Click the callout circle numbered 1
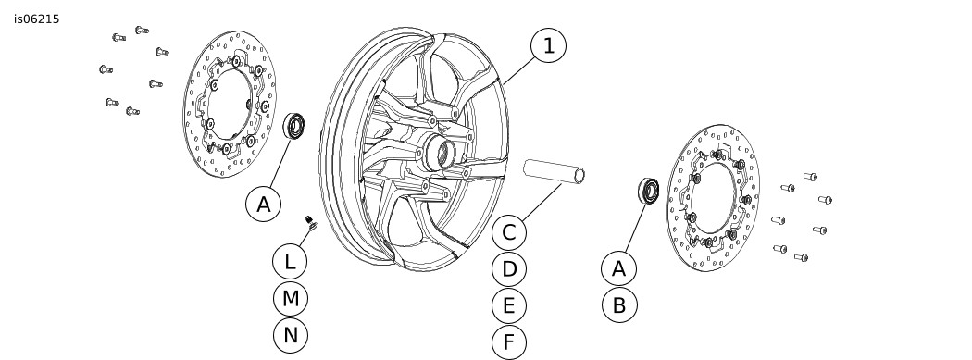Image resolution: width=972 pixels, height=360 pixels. click(x=549, y=46)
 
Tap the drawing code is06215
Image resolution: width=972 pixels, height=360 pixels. click(x=37, y=19)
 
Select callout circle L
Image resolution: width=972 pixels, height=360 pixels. click(x=290, y=262)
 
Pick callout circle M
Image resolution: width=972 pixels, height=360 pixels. click(x=290, y=299)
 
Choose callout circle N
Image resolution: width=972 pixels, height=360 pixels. click(x=290, y=335)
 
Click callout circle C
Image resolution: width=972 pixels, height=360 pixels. click(x=509, y=233)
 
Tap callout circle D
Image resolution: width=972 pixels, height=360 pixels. click(x=509, y=269)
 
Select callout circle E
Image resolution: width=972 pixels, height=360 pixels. click(x=509, y=306)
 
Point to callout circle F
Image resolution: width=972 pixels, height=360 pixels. click(x=509, y=342)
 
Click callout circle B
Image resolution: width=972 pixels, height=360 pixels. click(x=618, y=305)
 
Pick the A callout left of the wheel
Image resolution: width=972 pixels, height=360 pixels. click(x=264, y=205)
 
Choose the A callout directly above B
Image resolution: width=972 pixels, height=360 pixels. click(x=618, y=269)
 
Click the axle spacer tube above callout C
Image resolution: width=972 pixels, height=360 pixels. click(x=554, y=171)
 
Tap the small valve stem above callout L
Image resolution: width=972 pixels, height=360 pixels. click(x=310, y=221)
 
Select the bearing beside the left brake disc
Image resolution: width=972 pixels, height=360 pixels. click(x=293, y=127)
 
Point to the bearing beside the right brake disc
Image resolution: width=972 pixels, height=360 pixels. click(x=649, y=191)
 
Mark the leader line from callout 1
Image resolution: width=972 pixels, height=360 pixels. click(x=519, y=69)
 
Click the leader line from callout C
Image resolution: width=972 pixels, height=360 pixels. click(x=542, y=202)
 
